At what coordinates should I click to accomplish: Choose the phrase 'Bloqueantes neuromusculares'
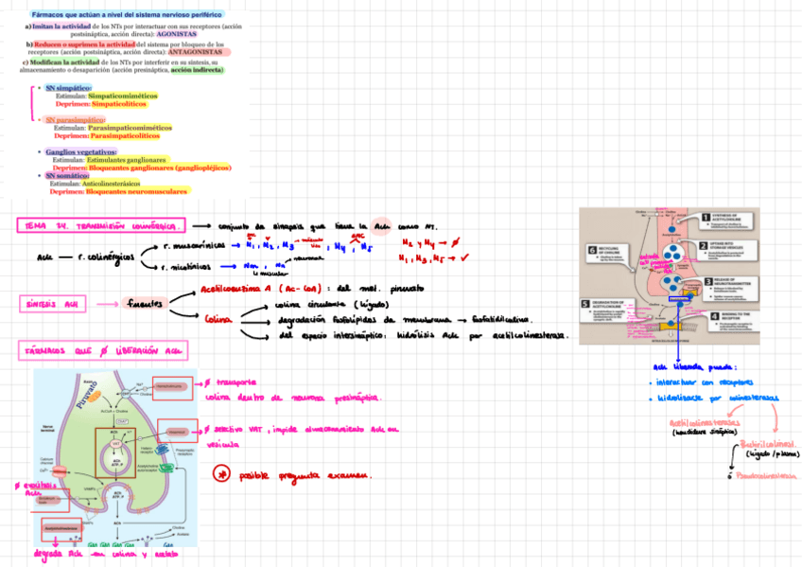[x=136, y=191]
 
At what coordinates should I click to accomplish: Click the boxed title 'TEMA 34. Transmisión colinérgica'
[x=101, y=226]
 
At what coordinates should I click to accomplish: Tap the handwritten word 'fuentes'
[x=146, y=303]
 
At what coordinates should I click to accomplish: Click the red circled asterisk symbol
[x=221, y=473]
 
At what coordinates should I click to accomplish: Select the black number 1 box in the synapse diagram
[x=705, y=217]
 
